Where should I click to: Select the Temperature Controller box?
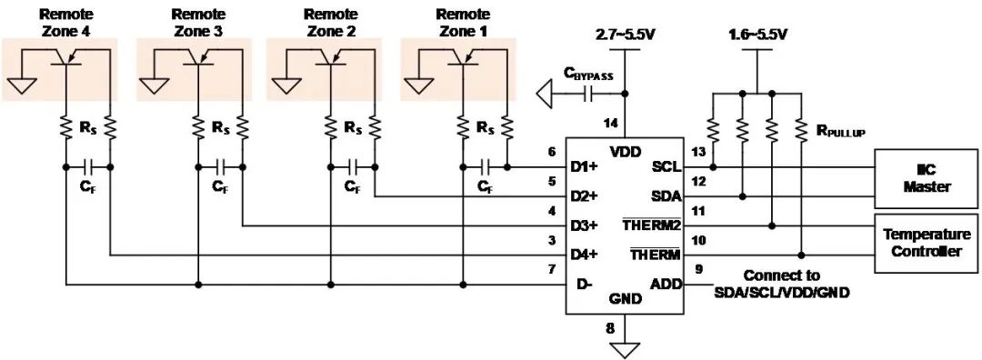click(x=927, y=243)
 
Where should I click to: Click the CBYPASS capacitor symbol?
click(x=588, y=95)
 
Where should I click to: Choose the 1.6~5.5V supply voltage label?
click(x=757, y=35)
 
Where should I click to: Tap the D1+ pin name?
click(x=586, y=168)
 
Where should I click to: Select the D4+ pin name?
click(x=586, y=255)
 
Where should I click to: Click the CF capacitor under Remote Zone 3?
click(x=220, y=167)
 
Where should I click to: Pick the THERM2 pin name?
click(x=651, y=225)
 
